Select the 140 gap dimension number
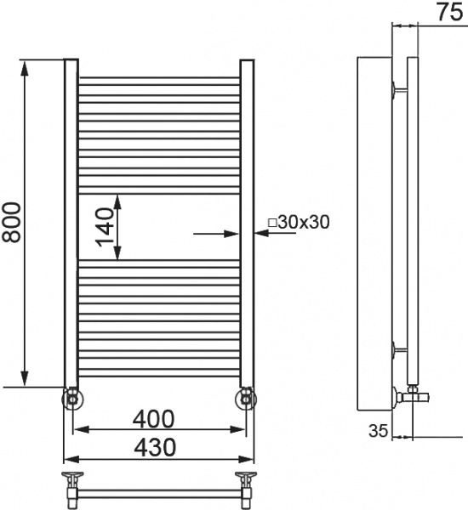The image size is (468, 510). click(x=104, y=228)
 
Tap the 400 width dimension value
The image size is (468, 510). click(x=153, y=419)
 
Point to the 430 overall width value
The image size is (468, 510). click(x=155, y=447)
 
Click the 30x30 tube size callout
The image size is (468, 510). click(x=304, y=222)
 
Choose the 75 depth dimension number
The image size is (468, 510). click(x=449, y=12)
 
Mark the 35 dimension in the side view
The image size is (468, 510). click(x=378, y=431)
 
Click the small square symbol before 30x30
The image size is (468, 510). click(x=272, y=223)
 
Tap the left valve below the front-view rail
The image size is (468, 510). click(x=72, y=398)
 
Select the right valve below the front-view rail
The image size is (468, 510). click(x=246, y=398)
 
